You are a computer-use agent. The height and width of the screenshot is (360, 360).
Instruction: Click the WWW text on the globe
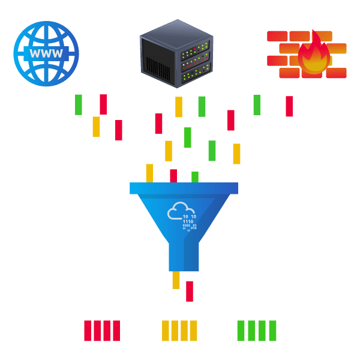[x=46, y=53]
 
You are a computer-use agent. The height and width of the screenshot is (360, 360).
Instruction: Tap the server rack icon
[x=176, y=53]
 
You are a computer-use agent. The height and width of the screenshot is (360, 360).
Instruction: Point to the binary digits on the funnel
[x=189, y=222]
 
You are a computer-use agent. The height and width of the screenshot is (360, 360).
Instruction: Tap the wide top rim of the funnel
[x=184, y=188]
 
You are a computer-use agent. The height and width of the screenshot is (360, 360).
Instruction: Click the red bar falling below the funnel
[x=189, y=291]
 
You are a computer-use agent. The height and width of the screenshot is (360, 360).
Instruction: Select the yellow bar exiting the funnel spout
[x=176, y=280]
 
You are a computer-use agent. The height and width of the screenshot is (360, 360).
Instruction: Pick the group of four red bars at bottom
[x=101, y=331]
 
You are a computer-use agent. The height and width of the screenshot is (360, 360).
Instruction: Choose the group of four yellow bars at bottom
[x=179, y=331]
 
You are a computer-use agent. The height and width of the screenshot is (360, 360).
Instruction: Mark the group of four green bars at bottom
[x=257, y=331]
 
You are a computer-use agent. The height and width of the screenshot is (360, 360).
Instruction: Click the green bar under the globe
[x=79, y=104]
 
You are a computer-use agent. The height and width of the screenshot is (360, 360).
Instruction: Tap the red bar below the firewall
[x=289, y=106]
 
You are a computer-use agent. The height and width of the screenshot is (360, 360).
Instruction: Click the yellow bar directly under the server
[x=179, y=107]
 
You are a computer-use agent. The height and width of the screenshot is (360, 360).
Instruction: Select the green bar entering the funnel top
[x=195, y=177]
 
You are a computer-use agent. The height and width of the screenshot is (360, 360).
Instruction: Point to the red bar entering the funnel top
[x=173, y=176]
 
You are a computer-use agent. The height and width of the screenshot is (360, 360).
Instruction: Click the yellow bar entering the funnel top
[x=149, y=173]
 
